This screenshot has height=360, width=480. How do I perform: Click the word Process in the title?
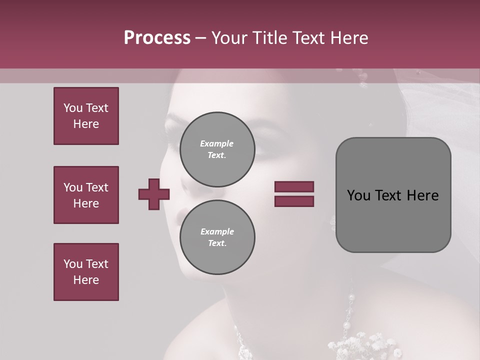tap(157, 38)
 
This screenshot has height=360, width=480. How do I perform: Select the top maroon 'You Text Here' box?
tap(86, 116)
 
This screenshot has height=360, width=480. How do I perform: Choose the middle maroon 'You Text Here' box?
tap(86, 195)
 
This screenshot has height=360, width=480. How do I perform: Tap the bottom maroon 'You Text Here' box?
tap(86, 272)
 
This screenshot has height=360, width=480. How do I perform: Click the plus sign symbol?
tap(154, 194)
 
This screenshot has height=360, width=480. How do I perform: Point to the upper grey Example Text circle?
tap(217, 149)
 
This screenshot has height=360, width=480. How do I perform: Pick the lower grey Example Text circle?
tap(217, 237)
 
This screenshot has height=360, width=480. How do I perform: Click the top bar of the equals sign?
tap(294, 186)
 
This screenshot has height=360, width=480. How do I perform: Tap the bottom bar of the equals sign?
tap(294, 201)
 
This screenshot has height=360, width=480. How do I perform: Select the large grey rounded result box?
tap(393, 195)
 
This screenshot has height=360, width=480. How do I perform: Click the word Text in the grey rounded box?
tap(391, 195)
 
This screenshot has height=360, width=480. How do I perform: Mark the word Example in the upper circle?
tap(217, 143)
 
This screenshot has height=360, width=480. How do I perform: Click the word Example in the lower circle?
tap(217, 231)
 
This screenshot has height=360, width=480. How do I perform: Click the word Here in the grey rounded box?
tap(422, 195)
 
